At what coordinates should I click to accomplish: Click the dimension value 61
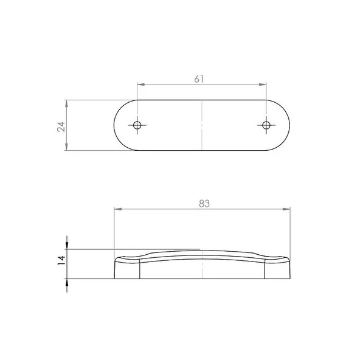click(199, 78)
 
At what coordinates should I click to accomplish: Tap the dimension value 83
click(204, 205)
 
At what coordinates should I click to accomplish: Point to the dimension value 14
click(60, 260)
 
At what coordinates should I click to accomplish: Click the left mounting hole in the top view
click(137, 125)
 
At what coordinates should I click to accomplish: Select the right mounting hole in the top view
click(266, 125)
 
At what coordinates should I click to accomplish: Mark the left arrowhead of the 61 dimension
click(140, 85)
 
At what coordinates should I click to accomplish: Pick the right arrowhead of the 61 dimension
click(263, 85)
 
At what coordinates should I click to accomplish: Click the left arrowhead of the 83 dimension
click(117, 210)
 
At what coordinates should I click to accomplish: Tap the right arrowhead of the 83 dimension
click(287, 210)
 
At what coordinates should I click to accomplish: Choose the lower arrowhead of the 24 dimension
click(66, 147)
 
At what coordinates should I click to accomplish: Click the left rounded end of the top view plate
click(117, 125)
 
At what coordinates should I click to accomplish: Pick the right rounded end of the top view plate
click(286, 125)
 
